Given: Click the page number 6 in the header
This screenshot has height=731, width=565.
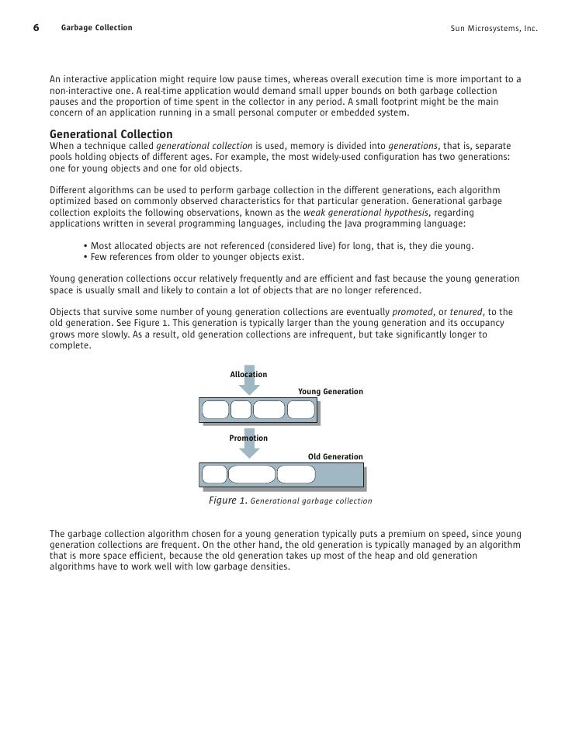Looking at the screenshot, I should click(x=36, y=29).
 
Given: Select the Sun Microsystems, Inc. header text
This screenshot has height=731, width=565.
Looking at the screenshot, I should click(x=494, y=29).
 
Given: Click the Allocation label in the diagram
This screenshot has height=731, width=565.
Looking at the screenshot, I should click(x=248, y=375).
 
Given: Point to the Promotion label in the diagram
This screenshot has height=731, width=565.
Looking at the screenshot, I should click(x=248, y=438).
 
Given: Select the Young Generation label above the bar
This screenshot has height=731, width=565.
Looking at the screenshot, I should click(x=331, y=392).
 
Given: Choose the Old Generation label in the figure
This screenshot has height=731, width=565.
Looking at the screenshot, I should click(x=335, y=457).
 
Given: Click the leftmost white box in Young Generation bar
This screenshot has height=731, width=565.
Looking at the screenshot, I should click(x=216, y=409).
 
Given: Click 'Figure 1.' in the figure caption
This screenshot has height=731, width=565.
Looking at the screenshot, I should click(x=227, y=501).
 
